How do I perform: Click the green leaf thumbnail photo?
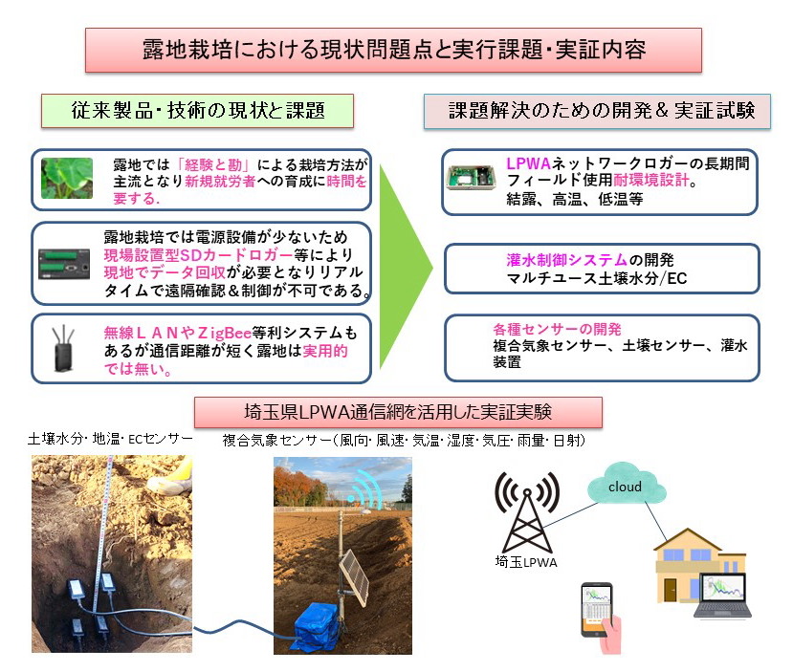click(x=67, y=179)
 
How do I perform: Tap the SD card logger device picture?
click(x=64, y=264)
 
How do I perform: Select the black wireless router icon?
click(x=64, y=349)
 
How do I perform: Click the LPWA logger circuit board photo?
click(x=471, y=178)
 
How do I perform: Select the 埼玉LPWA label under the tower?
click(x=526, y=562)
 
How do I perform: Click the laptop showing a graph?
click(x=722, y=596)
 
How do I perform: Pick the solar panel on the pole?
click(x=354, y=576)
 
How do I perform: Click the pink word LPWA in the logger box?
click(x=528, y=163)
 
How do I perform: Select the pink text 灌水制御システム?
click(x=567, y=260)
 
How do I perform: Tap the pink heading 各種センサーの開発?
click(x=557, y=330)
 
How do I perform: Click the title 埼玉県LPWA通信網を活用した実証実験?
click(x=398, y=412)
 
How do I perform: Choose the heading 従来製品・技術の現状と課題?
click(x=198, y=110)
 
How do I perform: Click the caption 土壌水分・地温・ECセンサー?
click(x=110, y=439)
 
